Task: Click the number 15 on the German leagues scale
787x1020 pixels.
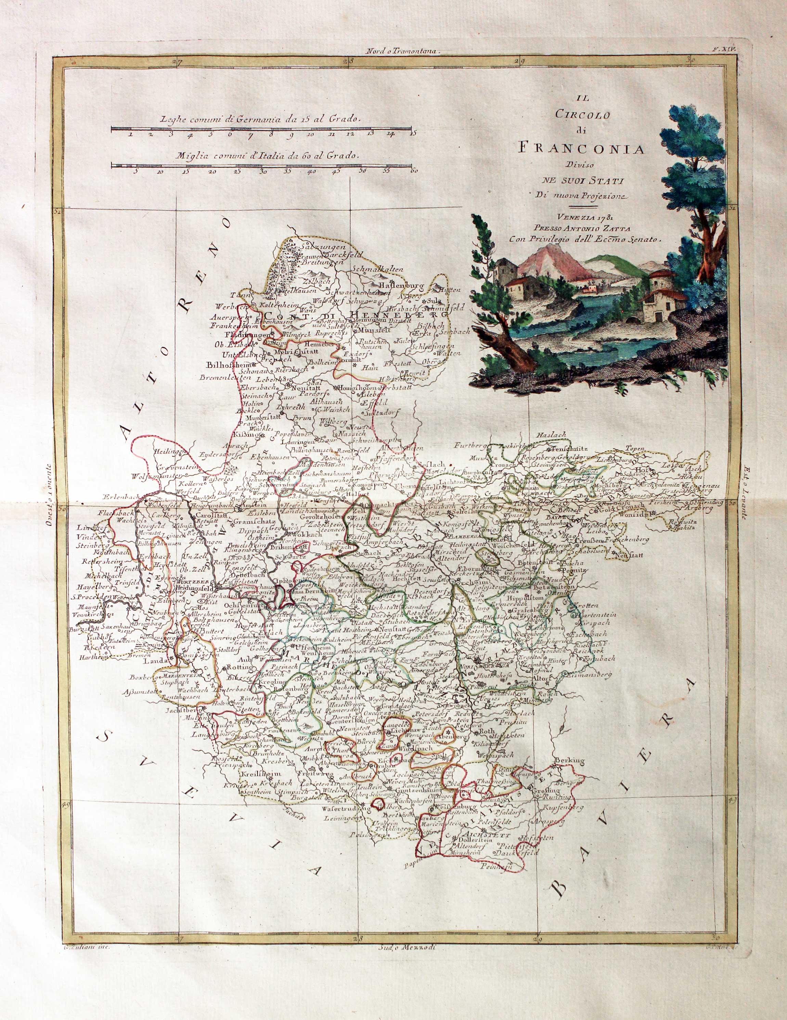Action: (x=412, y=134)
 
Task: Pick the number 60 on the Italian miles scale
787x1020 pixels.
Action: (x=412, y=171)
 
